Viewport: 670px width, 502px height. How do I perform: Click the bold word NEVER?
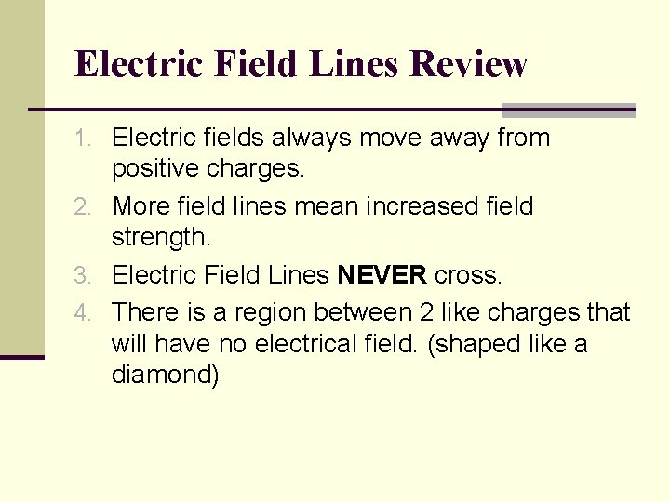pyautogui.click(x=382, y=275)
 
